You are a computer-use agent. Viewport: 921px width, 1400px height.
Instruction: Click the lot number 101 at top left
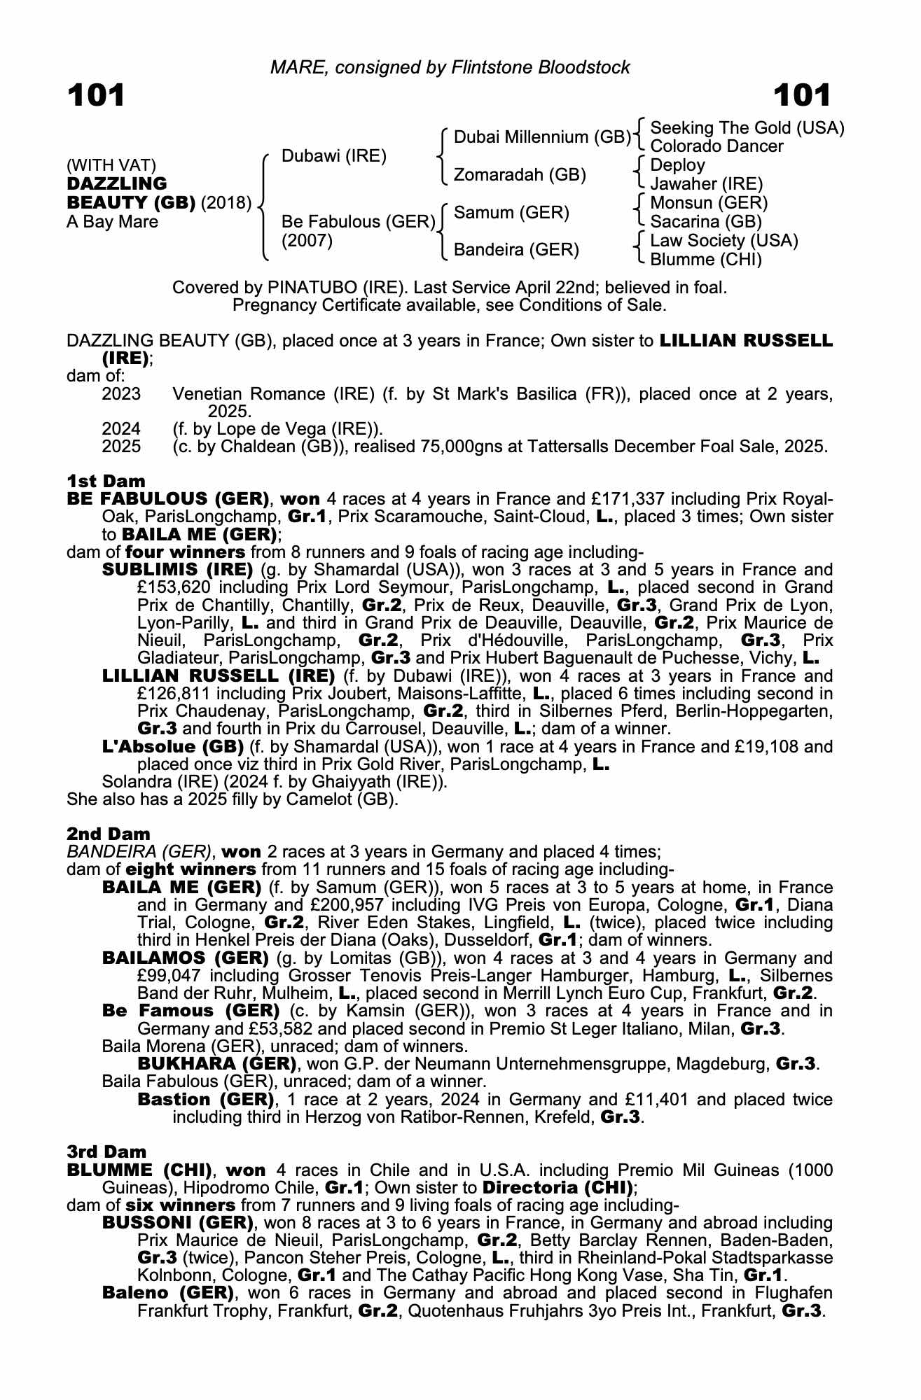(x=96, y=95)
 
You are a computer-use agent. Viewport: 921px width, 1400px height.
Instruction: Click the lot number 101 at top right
(x=803, y=95)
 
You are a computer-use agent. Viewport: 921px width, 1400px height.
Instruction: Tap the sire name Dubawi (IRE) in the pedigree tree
(x=333, y=156)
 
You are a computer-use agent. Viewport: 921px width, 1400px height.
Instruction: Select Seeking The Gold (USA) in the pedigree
(x=747, y=128)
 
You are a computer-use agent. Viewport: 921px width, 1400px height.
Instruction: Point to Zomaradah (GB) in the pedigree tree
(x=520, y=174)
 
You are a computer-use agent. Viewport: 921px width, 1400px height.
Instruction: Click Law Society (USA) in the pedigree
(x=724, y=241)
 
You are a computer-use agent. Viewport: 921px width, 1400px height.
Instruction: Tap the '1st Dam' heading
(x=106, y=481)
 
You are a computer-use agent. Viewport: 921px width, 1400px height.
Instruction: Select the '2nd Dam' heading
(x=108, y=834)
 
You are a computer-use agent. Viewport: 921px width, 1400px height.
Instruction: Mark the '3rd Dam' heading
(x=106, y=1151)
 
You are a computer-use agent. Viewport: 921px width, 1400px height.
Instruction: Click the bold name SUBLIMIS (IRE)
(x=177, y=570)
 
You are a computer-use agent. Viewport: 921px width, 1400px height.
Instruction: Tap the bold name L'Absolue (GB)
(x=172, y=747)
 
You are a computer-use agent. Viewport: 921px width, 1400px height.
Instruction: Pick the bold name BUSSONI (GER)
(x=177, y=1223)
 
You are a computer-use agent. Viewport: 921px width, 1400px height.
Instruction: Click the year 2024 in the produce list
(x=121, y=428)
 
